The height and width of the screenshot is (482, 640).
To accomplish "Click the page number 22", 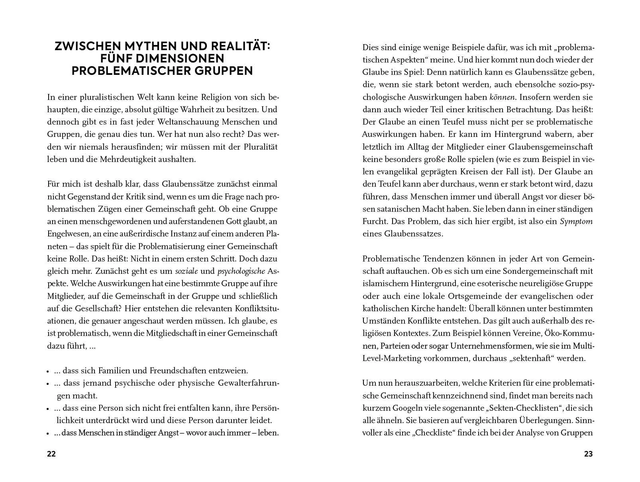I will click(51, 454).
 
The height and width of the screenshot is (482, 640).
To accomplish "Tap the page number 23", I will click(588, 454).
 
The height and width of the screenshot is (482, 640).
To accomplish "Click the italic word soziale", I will click(187, 271).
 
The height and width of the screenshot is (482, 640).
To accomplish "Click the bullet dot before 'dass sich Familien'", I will click(48, 371).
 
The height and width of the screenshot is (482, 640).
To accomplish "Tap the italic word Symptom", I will click(576, 221).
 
